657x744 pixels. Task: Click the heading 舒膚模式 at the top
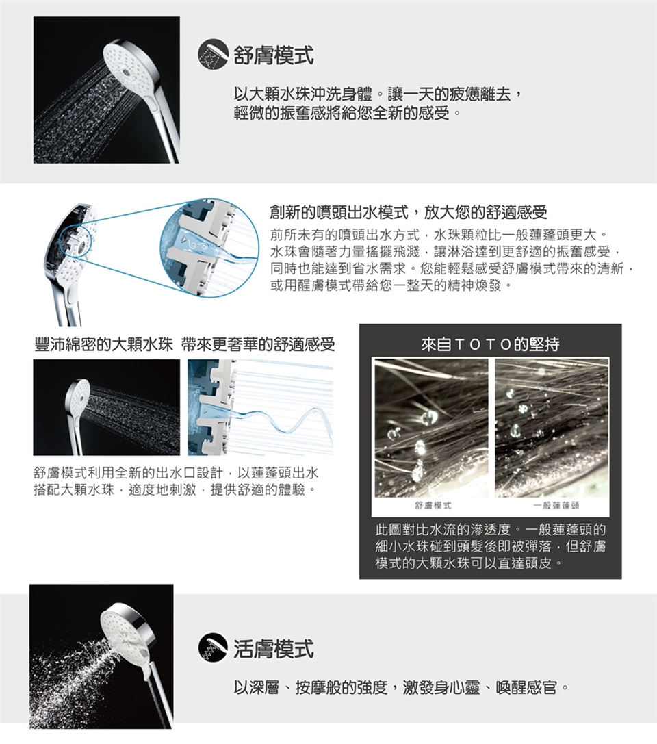pyautogui.click(x=274, y=54)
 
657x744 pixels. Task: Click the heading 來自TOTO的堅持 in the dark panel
pyautogui.click(x=490, y=344)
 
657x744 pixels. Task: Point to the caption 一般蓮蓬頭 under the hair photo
pyautogui.click(x=556, y=505)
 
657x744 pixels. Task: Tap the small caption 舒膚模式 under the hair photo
pyautogui.click(x=433, y=505)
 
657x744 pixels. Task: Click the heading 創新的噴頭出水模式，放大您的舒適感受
pyautogui.click(x=409, y=212)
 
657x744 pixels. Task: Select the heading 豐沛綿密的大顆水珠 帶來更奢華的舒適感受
pyautogui.click(x=185, y=344)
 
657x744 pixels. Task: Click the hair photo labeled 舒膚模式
pyautogui.click(x=431, y=428)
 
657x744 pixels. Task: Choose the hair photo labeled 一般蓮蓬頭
pyautogui.click(x=552, y=428)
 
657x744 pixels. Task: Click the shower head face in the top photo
pyautogui.click(x=128, y=66)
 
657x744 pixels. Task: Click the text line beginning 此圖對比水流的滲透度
pyautogui.click(x=491, y=529)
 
